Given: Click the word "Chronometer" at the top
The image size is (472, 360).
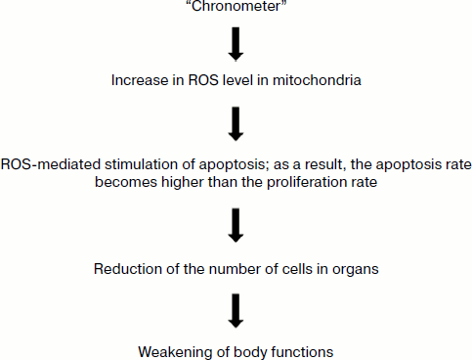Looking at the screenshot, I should tap(235, 8).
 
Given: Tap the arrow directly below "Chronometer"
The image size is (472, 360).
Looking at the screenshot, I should tap(235, 44).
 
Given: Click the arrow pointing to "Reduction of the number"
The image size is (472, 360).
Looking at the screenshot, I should tap(235, 225).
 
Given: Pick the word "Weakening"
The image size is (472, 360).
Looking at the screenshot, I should tap(173, 349).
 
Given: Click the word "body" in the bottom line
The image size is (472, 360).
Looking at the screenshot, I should tap(243, 349).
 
